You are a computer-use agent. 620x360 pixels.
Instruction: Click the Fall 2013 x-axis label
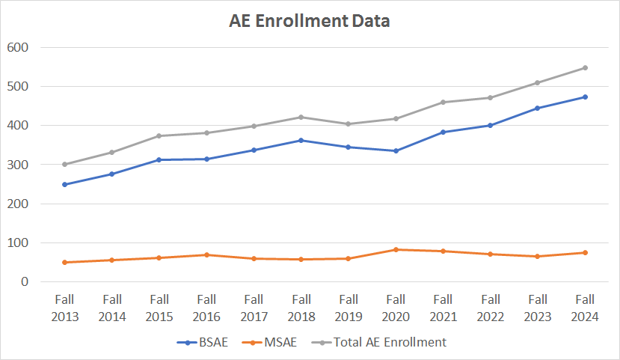[x=64, y=308]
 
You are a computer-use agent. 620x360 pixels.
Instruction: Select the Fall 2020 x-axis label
[x=396, y=308]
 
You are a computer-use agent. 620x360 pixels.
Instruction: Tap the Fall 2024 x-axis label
[x=585, y=308]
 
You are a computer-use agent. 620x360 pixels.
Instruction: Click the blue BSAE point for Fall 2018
[x=301, y=140]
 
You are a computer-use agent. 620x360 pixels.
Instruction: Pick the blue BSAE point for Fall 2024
[x=585, y=97]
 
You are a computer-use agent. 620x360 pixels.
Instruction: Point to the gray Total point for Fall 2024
[x=585, y=67]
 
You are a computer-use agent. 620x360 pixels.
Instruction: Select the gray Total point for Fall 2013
[x=64, y=164]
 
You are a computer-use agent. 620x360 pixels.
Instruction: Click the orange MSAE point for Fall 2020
[x=396, y=249]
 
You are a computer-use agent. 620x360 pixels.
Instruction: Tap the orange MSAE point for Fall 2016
[x=206, y=254]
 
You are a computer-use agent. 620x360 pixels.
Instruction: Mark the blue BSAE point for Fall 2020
[x=396, y=150]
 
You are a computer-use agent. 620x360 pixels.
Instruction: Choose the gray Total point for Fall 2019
[x=349, y=123]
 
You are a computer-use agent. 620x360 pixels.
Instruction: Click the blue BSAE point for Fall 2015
[x=159, y=159]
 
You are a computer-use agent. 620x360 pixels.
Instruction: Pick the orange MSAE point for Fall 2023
[x=538, y=256]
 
